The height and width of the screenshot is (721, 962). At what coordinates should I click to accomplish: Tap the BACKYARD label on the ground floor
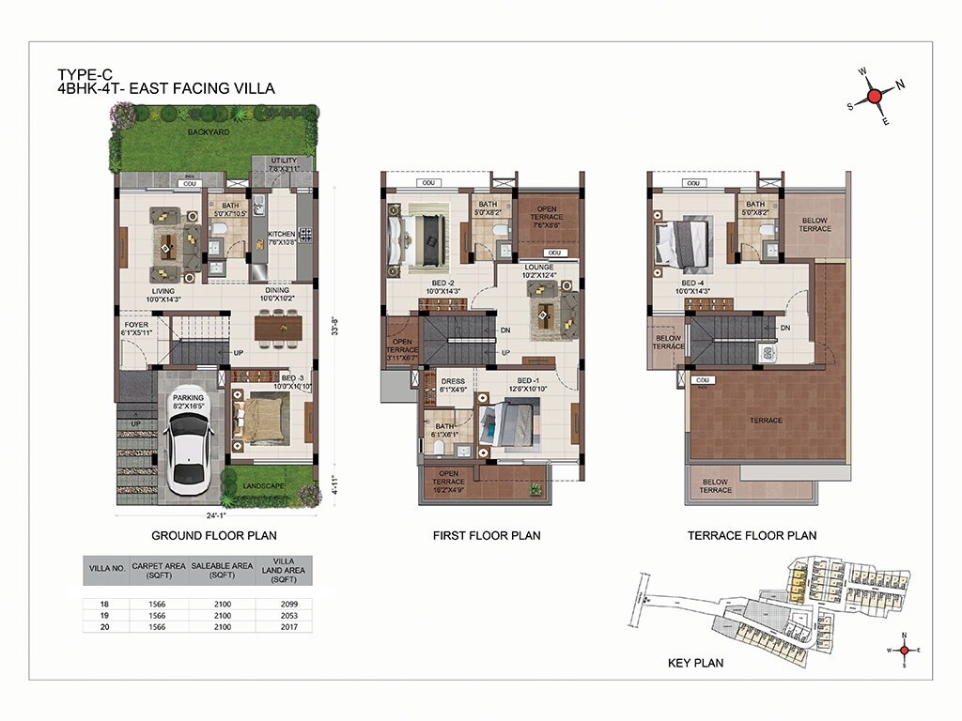208,132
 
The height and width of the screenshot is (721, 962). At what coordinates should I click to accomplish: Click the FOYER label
136,328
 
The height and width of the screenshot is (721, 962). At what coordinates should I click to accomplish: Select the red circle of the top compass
874,96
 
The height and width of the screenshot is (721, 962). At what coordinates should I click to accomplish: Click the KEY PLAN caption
695,663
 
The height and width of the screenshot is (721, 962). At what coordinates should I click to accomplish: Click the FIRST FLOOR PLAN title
486,535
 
